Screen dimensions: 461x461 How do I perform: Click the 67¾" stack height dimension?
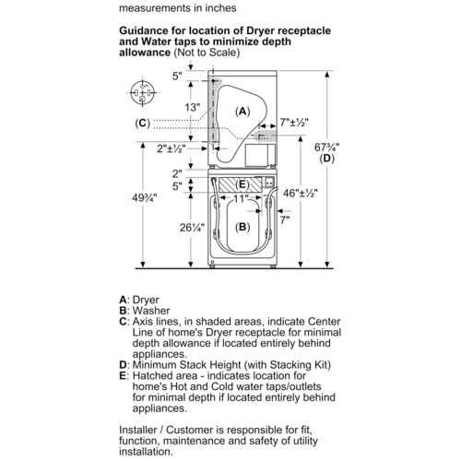326,148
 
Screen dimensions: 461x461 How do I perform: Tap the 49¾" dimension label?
145,197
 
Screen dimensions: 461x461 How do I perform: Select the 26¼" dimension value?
192,228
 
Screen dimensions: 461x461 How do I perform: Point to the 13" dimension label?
193,107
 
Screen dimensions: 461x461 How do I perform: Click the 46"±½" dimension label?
301,193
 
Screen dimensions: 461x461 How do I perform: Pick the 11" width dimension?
241,198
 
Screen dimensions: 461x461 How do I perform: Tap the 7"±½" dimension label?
294,122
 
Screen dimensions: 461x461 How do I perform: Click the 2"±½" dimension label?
171,148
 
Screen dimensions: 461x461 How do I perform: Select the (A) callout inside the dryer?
242,112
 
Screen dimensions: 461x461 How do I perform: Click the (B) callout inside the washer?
242,227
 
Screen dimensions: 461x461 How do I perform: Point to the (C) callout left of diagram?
143,123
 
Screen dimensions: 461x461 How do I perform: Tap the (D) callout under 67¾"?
326,159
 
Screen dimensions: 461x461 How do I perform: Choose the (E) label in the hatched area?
242,184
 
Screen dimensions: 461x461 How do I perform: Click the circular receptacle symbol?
142,92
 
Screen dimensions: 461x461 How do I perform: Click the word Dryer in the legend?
146,300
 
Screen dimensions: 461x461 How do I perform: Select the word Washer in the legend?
151,311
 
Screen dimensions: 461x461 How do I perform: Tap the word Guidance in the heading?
145,30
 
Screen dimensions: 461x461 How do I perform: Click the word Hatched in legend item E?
150,375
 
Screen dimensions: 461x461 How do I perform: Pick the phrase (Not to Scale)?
207,53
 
